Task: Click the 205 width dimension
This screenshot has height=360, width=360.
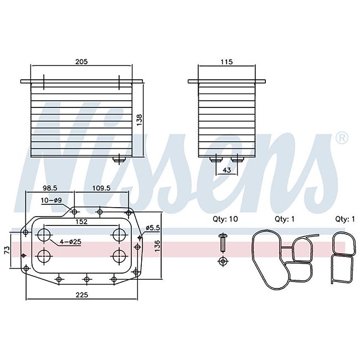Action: coord(81,61)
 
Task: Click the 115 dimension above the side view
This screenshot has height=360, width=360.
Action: coord(227,62)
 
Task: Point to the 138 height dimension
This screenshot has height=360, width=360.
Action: coord(140,120)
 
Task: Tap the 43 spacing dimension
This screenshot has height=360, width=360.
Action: coord(227,170)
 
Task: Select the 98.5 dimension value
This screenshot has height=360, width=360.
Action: coord(50,188)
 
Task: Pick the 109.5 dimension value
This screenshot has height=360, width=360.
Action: coord(101,188)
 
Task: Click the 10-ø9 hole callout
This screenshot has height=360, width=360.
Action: coord(52,200)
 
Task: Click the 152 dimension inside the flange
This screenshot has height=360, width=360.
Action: coord(81,222)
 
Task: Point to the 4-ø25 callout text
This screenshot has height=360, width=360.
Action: coord(70,242)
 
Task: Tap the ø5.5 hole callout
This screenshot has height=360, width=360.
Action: coord(153,228)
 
